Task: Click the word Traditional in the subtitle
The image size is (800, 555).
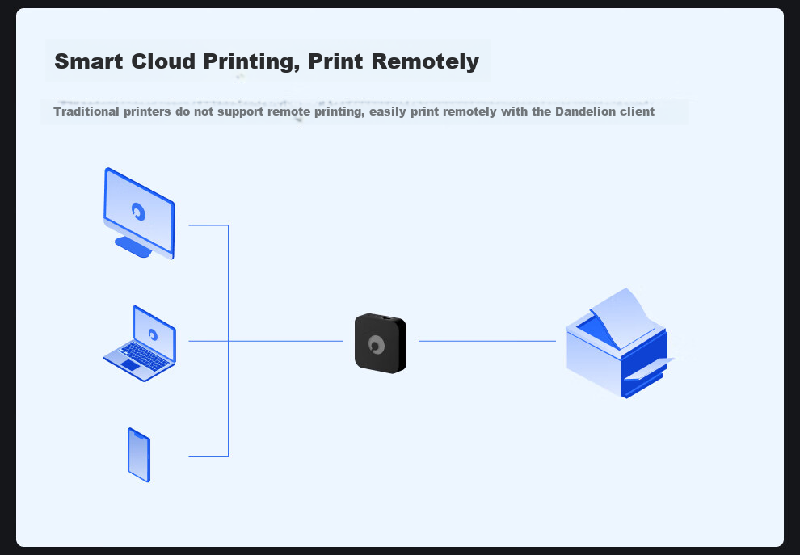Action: coord(87,111)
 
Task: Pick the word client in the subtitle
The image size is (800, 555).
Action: coord(637,111)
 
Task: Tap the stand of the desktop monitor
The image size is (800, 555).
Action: coord(133,247)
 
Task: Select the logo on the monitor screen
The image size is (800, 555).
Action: coord(139,212)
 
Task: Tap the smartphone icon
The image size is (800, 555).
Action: coord(139,455)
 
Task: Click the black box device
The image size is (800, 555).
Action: coord(380,343)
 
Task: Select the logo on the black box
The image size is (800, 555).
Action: coord(377,345)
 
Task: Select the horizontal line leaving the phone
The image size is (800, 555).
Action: coord(208,456)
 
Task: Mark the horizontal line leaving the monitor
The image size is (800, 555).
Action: coord(208,225)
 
